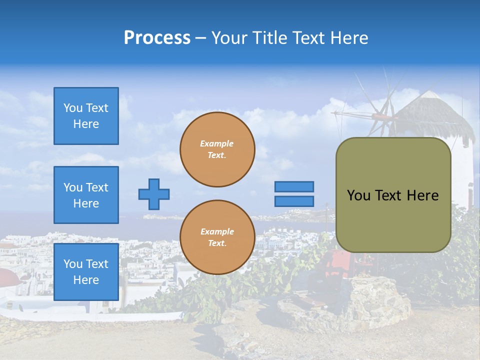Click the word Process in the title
tap(157, 38)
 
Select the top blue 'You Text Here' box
tap(86, 116)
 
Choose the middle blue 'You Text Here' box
tap(86, 195)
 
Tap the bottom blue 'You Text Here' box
tap(86, 272)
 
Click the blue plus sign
tap(154, 194)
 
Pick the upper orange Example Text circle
tap(217, 149)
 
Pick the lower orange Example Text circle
tap(217, 237)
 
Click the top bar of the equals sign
tap(294, 187)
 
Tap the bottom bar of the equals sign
tap(294, 201)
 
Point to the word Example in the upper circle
tap(217, 143)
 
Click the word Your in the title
tap(229, 38)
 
